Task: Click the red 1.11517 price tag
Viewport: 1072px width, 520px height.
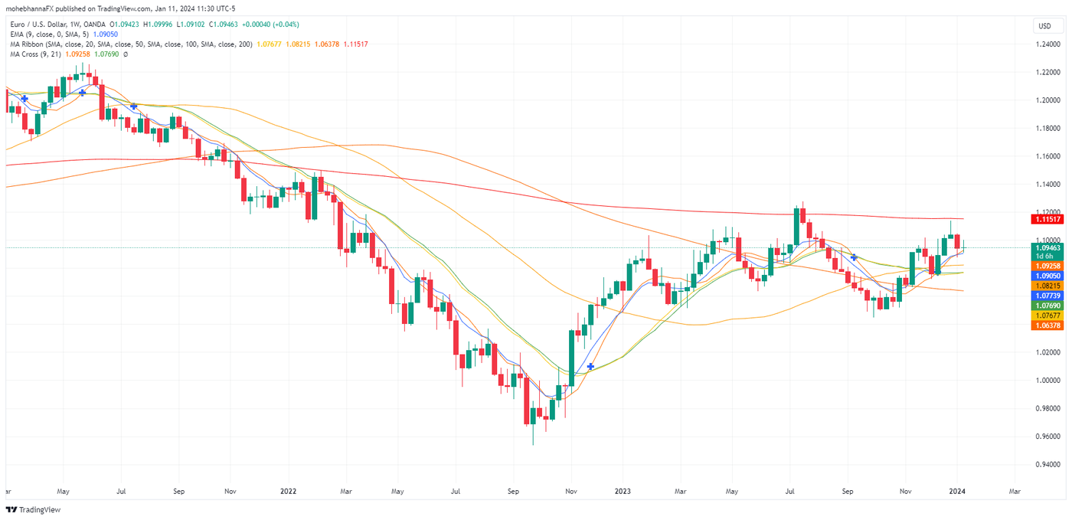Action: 1047,219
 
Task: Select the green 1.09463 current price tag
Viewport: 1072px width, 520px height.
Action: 1047,248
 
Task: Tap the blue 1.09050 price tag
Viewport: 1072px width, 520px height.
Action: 1047,276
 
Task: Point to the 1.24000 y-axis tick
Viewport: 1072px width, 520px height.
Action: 1047,44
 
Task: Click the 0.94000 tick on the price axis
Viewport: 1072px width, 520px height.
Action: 1047,464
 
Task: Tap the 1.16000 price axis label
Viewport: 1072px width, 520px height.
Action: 1047,156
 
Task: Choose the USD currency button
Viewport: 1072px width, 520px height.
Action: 1044,26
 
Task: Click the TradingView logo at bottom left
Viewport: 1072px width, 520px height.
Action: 33,509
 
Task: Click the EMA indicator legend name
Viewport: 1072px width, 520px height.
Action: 18,34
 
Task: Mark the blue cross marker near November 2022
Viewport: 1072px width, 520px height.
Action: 590,366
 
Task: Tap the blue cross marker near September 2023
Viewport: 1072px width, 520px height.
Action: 854,257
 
